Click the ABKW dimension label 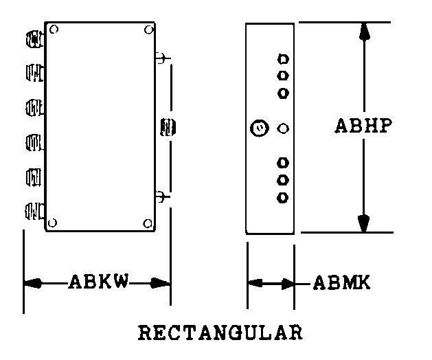pos(99,281)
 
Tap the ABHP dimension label pos(363,126)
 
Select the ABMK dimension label pos(341,282)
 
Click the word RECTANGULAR pos(220,333)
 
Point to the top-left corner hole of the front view pos(54,30)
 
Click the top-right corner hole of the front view pos(149,30)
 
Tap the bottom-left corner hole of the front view pos(52,223)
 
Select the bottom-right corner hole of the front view pos(148,223)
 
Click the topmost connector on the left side pos(35,39)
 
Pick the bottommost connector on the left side pos(34,211)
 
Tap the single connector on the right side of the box pos(168,127)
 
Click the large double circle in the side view pos(260,128)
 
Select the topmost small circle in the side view pos(283,59)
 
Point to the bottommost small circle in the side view pos(282,198)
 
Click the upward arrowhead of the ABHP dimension pos(364,32)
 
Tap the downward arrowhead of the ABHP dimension pos(364,223)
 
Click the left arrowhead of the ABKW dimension pos(33,283)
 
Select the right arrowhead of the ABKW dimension pos(160,283)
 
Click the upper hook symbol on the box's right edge pos(162,58)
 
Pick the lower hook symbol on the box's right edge pos(162,196)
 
